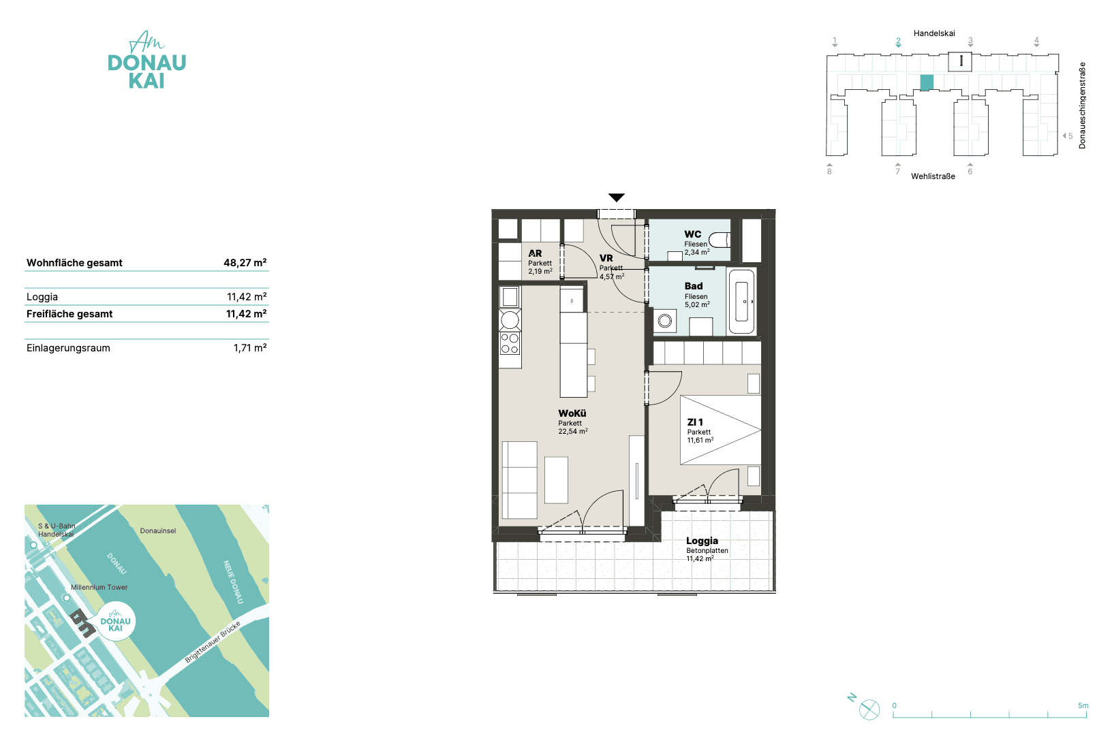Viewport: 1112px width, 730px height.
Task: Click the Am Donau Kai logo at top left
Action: tap(147, 60)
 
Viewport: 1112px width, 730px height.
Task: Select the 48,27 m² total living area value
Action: tap(245, 263)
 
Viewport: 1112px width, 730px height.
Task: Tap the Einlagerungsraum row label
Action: tap(69, 348)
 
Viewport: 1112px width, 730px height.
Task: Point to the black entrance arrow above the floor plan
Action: tap(617, 197)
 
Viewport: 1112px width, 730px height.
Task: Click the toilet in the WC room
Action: tap(720, 240)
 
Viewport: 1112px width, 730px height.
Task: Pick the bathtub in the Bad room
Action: tap(741, 301)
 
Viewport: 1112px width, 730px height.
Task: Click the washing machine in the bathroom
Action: tap(665, 321)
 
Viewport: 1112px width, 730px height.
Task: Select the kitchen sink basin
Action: tap(510, 298)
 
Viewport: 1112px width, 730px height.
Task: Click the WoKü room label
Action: tap(572, 413)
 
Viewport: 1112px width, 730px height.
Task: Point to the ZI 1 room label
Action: tap(695, 422)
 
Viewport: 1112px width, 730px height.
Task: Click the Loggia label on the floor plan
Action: tap(702, 541)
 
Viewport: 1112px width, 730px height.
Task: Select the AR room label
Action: tap(535, 253)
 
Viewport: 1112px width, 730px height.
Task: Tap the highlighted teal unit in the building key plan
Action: tap(927, 82)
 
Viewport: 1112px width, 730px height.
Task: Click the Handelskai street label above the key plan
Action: tap(934, 33)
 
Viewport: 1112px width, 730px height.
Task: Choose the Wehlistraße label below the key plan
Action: tap(933, 176)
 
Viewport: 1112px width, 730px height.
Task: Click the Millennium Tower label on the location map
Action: tap(99, 587)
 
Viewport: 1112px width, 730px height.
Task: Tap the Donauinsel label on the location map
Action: tap(158, 530)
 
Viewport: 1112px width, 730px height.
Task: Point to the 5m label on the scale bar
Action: tap(1083, 705)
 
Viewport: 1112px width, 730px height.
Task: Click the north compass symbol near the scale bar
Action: tap(869, 710)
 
